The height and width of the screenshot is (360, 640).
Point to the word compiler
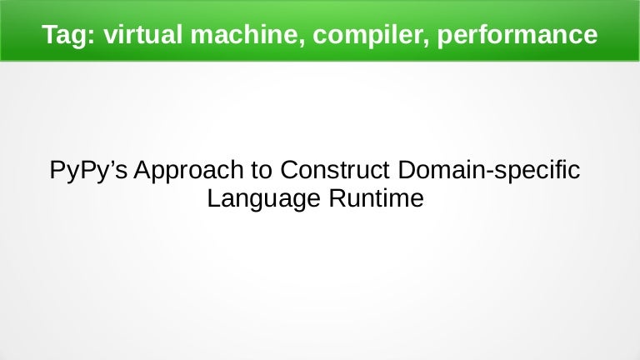(367, 35)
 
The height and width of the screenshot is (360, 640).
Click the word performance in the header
(514, 35)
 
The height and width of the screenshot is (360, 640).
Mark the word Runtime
(372, 199)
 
